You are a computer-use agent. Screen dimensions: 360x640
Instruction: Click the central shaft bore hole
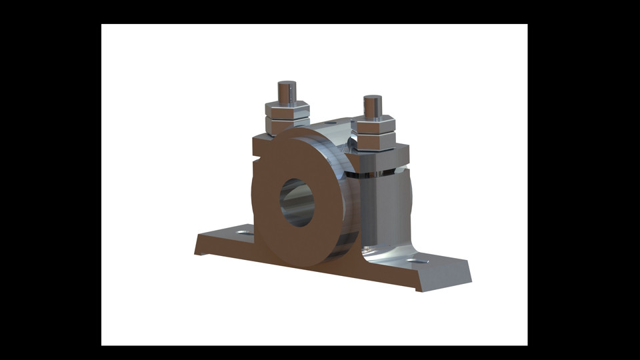[297, 202]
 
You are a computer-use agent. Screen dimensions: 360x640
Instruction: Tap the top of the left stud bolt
[287, 85]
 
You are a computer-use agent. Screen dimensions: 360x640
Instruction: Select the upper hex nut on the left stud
[287, 111]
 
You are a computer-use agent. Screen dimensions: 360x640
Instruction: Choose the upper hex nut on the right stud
[373, 127]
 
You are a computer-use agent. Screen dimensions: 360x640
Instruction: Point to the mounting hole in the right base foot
[418, 261]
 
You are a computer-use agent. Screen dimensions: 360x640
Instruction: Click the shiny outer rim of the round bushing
[344, 200]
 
